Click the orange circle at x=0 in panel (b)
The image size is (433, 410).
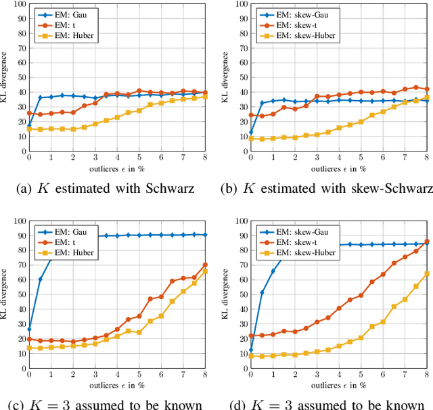pyautogui.click(x=251, y=115)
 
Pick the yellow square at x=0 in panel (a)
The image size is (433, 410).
pyautogui.click(x=29, y=128)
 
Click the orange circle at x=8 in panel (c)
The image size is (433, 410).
pyautogui.click(x=206, y=265)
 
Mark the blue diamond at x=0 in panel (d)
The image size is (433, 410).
pyautogui.click(x=251, y=350)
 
